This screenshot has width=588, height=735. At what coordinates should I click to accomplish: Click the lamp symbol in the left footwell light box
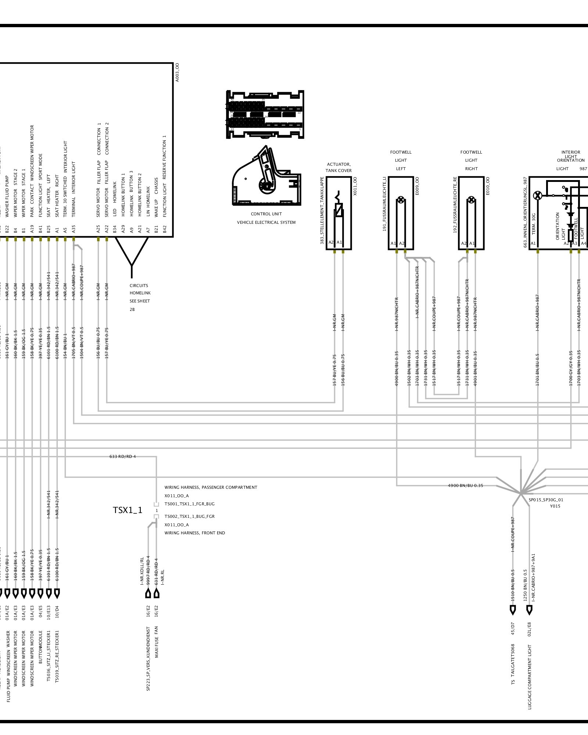click(x=401, y=201)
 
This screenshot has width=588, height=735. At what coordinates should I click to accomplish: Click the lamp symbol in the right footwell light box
click(x=471, y=201)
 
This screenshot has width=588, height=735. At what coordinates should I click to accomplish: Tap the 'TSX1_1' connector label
click(x=127, y=510)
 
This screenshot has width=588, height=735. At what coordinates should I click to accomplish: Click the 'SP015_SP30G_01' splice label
click(x=546, y=500)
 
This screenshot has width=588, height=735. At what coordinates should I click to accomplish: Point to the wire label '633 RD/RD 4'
click(x=123, y=457)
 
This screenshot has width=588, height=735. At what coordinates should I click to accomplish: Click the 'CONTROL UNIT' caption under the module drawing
click(x=266, y=214)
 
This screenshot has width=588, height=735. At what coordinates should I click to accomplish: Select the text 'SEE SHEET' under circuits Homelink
click(x=140, y=301)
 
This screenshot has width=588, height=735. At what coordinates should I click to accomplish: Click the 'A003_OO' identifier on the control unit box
click(x=177, y=72)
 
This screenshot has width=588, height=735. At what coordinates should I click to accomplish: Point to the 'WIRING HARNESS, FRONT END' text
click(x=194, y=533)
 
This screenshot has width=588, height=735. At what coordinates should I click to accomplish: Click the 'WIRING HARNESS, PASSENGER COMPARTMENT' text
click(x=211, y=487)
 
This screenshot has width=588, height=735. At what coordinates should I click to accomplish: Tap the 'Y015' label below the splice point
click(x=555, y=506)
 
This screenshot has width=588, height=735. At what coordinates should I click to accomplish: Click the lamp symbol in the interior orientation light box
click(x=538, y=196)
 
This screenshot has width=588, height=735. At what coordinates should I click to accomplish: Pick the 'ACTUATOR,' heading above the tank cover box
click(x=338, y=164)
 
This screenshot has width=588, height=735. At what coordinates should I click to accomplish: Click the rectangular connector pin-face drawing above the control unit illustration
click(x=265, y=114)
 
